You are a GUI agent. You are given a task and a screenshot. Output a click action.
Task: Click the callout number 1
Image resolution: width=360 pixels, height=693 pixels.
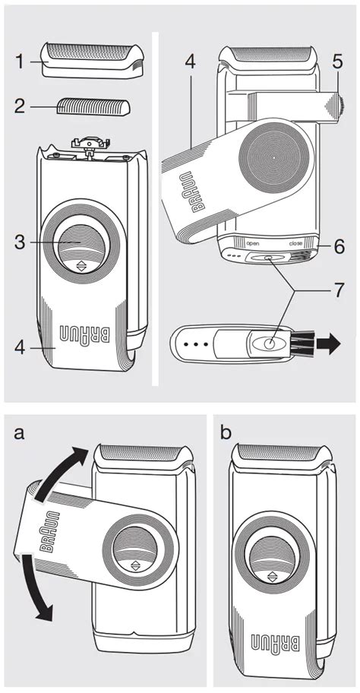coord(20,62)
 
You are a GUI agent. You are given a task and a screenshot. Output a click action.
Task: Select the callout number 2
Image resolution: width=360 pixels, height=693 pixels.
coord(20,106)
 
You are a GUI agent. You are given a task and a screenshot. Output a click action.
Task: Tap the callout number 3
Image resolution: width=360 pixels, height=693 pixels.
coord(20,242)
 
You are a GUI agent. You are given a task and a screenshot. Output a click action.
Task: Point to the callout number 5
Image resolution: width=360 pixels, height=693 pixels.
coord(337,62)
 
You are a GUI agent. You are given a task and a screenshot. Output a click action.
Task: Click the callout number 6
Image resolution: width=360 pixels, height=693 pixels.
coord(339,247)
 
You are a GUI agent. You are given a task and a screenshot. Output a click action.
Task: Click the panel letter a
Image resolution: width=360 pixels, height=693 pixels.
coord(19,433)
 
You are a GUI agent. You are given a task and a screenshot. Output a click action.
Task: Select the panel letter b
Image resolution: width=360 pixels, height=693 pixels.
coord(226,432)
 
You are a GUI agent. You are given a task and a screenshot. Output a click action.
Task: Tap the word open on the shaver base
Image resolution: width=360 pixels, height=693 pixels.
coord(253,243)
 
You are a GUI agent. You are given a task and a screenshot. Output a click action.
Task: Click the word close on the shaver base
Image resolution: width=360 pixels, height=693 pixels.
coord(295,243)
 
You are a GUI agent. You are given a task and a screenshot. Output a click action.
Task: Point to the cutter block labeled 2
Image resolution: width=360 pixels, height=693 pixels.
coord(93,106)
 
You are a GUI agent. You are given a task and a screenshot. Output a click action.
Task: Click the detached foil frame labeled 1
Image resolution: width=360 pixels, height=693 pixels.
coord(93,61)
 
